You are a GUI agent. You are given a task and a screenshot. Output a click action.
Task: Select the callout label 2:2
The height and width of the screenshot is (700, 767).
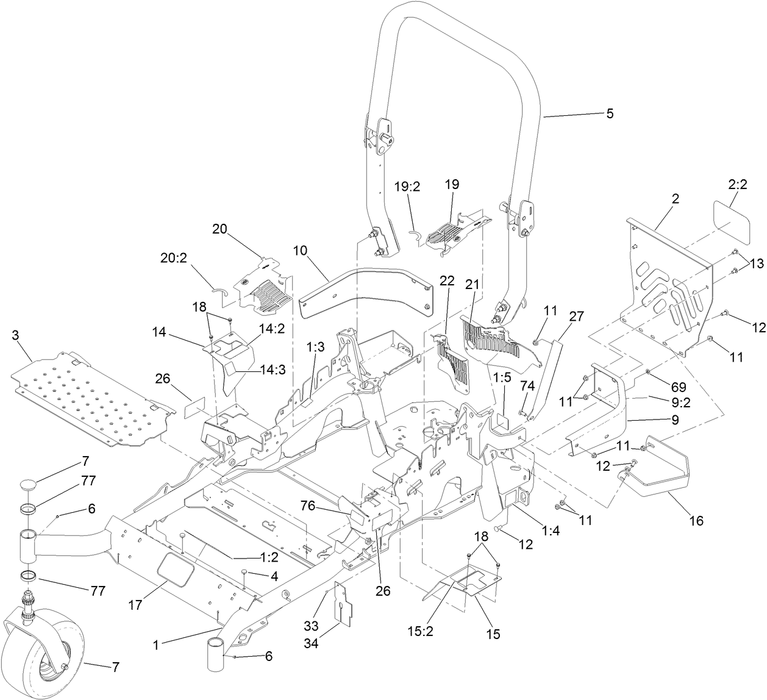pos(737,185)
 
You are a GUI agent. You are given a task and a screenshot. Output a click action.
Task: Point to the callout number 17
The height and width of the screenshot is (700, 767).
pos(135,606)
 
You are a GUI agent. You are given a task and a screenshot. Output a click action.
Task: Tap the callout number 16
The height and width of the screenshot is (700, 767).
pos(696,520)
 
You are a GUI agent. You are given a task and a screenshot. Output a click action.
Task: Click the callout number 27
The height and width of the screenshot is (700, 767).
pos(576,316)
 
